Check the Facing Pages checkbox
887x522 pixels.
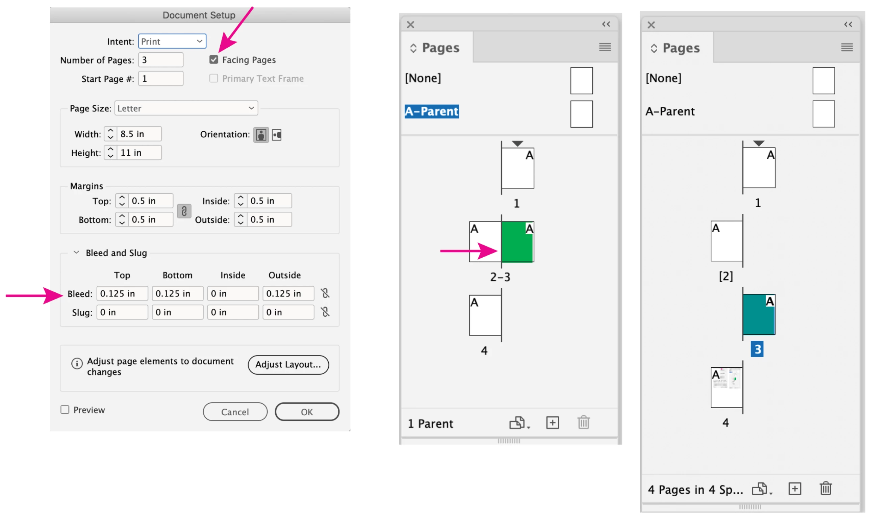point(214,60)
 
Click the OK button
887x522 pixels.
point(307,412)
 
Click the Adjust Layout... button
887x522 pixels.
point(288,365)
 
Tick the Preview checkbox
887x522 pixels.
point(65,410)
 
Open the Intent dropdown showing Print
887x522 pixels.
point(172,42)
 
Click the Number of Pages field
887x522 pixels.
point(161,60)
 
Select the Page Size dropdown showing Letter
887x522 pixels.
point(186,108)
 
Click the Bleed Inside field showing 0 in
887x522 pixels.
point(233,294)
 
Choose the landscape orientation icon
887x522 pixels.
point(277,135)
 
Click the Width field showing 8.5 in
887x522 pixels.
point(140,134)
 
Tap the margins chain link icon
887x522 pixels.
point(184,211)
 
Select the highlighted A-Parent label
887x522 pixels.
point(432,111)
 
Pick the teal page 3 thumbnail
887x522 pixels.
point(759,314)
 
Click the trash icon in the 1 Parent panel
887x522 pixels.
point(584,422)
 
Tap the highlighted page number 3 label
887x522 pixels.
point(757,349)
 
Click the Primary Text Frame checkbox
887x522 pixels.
point(214,78)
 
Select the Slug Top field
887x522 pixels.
point(122,312)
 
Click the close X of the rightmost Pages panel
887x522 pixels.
point(651,25)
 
